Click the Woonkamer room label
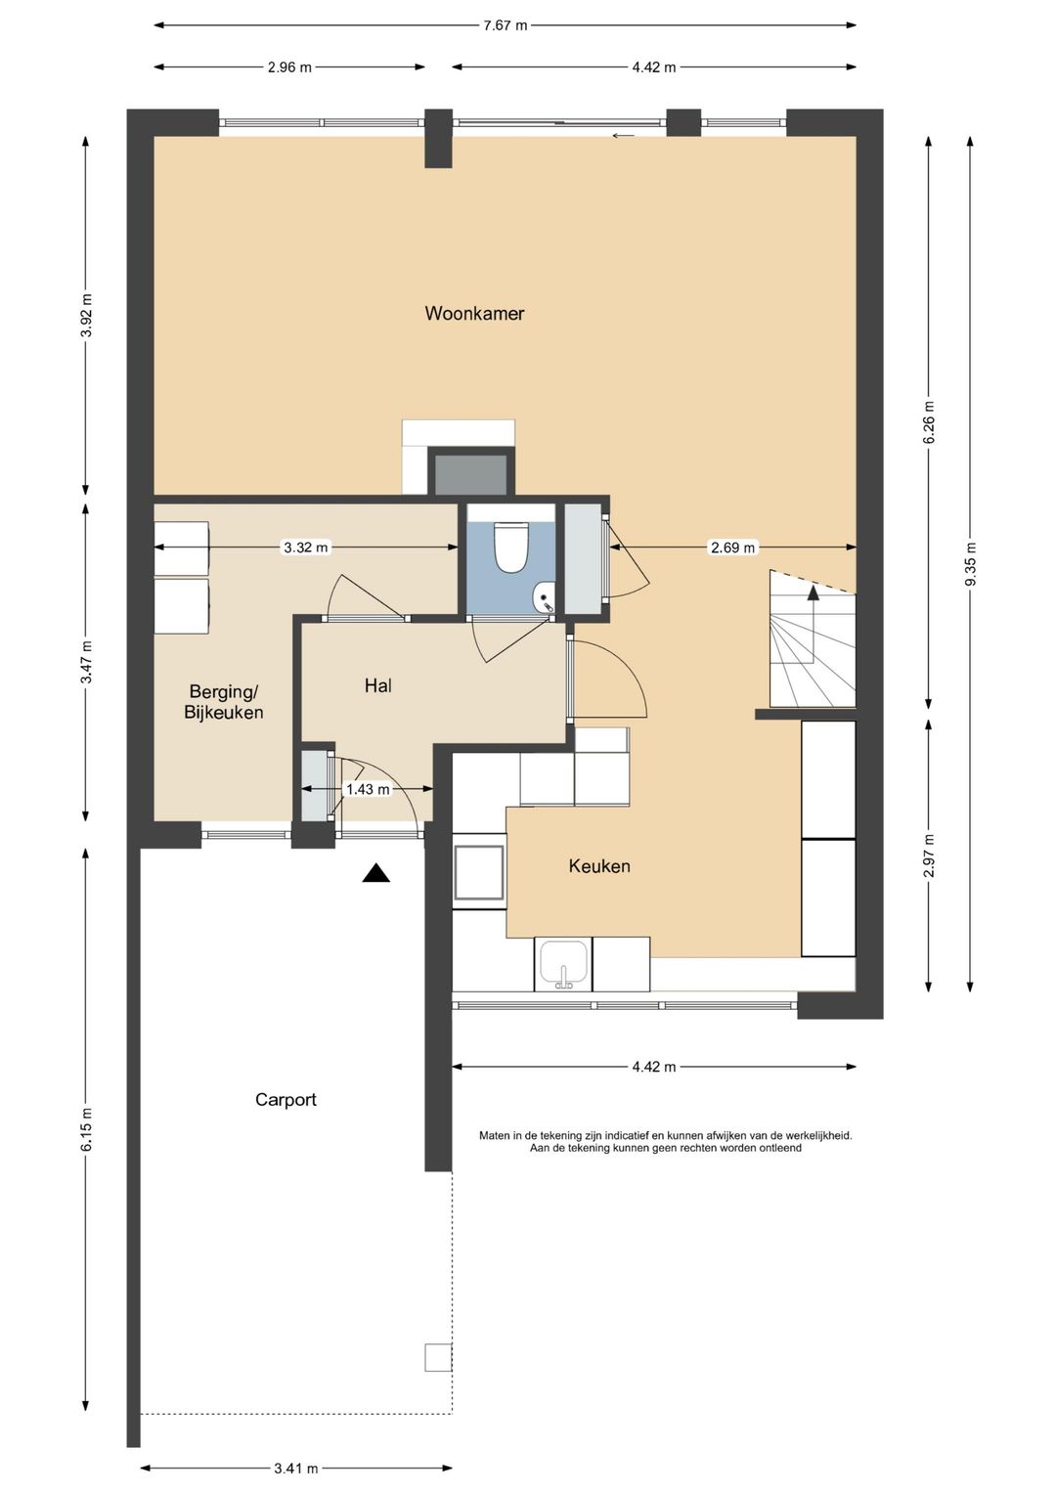474,313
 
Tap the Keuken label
598,866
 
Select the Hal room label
378,685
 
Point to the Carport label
286,1099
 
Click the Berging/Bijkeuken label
223,702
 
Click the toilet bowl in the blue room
510,547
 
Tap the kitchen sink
564,964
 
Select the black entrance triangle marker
376,873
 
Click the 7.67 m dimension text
505,26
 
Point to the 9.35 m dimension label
970,564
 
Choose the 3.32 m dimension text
306,548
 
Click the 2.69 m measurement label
732,548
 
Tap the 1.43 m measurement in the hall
368,789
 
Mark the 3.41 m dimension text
296,1468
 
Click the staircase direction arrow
814,625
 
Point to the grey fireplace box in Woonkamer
470,475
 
